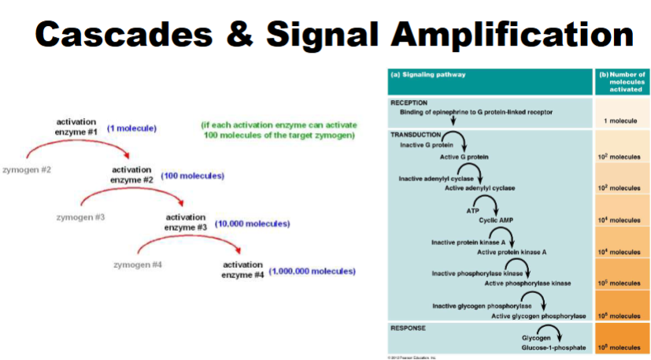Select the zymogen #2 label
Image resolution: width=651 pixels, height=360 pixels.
click(x=27, y=169)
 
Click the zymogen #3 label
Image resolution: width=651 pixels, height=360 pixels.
click(x=80, y=217)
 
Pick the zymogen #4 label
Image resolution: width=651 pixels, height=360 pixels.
click(x=137, y=264)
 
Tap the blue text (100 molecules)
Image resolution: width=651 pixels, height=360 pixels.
click(x=192, y=176)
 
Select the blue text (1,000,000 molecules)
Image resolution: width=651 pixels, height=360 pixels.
click(x=312, y=271)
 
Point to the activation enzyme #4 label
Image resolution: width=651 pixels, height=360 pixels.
click(x=242, y=269)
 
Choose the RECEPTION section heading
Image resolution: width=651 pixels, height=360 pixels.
click(x=409, y=102)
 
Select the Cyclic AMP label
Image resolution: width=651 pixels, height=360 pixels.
click(x=495, y=220)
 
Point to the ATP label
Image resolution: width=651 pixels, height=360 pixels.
click(x=472, y=210)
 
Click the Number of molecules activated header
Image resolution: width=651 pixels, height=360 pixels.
click(x=622, y=81)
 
